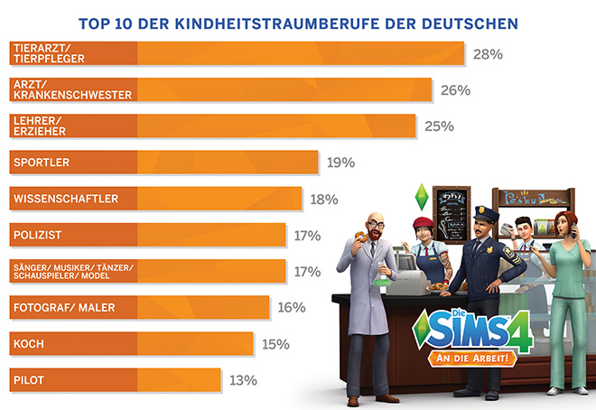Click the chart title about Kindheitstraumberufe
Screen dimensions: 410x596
pos(297,20)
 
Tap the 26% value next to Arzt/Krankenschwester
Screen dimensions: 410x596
pos(455,90)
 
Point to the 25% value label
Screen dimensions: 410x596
pos(439,126)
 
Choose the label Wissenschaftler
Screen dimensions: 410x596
pos(63,198)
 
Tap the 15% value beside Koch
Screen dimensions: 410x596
pos(275,343)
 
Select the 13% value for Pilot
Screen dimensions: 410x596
pos(244,379)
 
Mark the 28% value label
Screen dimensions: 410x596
pos(488,54)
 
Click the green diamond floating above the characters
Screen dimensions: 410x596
pos(417,194)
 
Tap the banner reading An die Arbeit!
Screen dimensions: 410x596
pos(476,359)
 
